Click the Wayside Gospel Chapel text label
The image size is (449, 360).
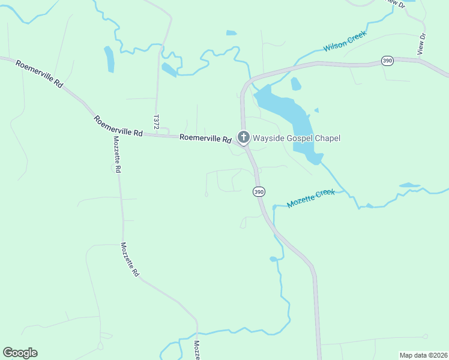[296, 139]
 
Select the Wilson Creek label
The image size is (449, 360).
[345, 41]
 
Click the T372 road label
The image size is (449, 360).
[156, 122]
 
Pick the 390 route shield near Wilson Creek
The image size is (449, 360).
[388, 61]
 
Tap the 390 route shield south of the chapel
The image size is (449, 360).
[258, 192]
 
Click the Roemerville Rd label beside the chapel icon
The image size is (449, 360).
[205, 139]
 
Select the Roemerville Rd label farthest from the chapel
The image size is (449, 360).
[40, 74]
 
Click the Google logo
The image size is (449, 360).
[20, 353]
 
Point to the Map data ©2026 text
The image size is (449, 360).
[424, 355]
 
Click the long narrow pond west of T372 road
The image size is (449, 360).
[109, 59]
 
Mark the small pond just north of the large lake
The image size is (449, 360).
[295, 84]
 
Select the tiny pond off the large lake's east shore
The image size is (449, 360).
[316, 110]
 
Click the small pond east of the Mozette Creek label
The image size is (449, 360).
[409, 185]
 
